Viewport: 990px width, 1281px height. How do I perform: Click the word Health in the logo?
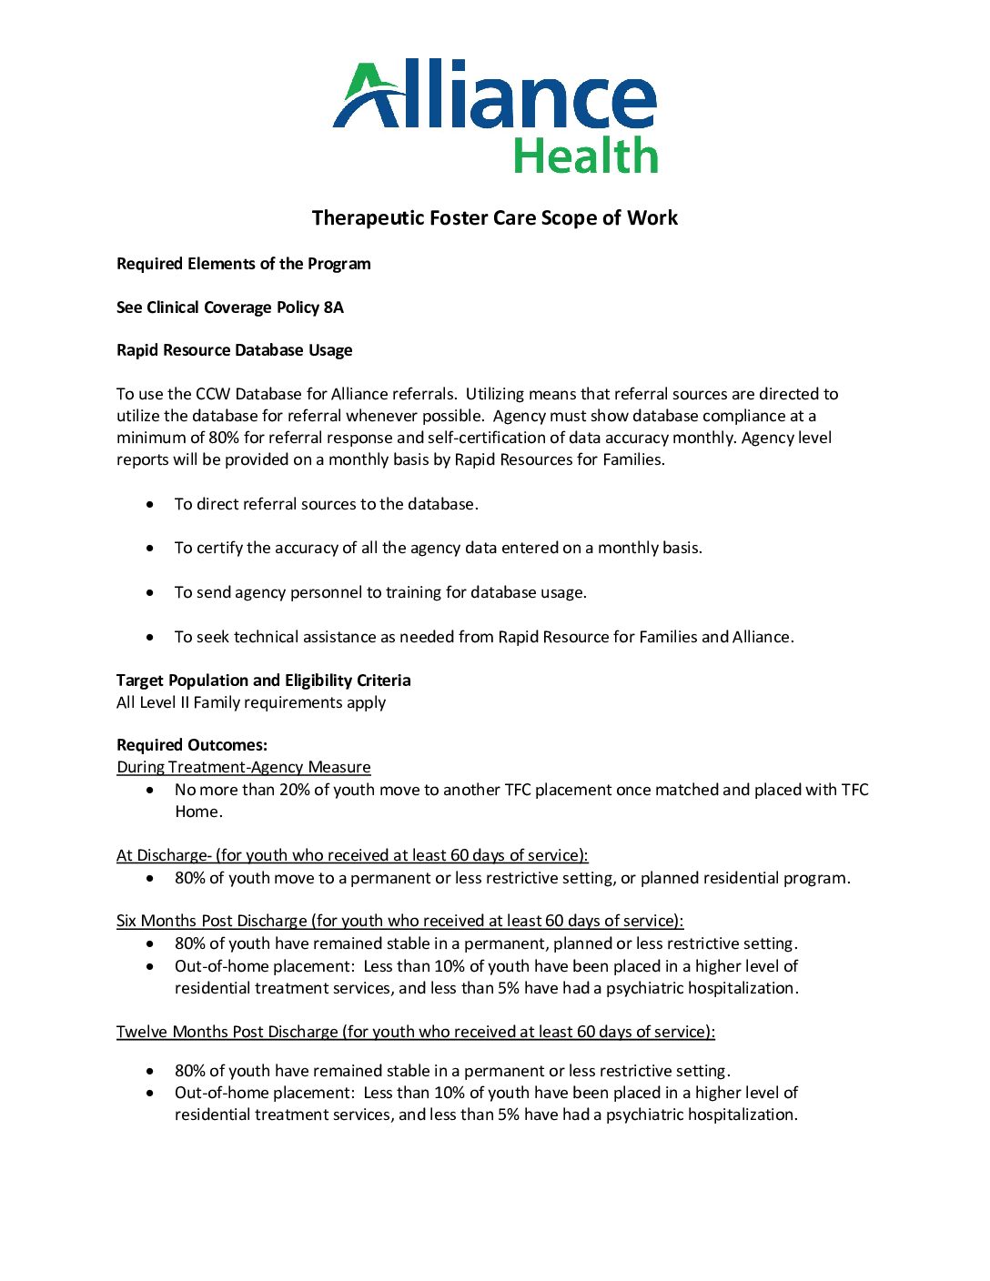coord(585,156)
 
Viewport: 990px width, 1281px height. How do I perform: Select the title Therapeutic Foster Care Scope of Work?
coord(494,218)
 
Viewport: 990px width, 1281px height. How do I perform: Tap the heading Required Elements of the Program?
coord(243,264)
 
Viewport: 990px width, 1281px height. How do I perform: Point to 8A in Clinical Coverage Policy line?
coord(333,308)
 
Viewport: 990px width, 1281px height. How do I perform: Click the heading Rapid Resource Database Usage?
coord(234,350)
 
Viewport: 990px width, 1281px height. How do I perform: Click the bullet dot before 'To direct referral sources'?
coord(150,504)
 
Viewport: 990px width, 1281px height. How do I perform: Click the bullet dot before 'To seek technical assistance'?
coord(150,637)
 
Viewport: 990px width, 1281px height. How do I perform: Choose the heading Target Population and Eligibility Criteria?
coord(263,681)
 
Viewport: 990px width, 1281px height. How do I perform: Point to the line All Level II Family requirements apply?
coord(251,702)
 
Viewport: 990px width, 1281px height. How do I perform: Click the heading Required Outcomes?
coord(192,745)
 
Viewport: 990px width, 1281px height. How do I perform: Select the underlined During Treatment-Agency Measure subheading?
coord(243,767)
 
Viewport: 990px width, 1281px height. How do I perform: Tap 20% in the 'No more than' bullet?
coord(294,790)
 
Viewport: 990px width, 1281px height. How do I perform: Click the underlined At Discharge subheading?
coord(352,855)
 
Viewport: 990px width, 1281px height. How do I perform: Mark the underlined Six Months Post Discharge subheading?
coord(399,921)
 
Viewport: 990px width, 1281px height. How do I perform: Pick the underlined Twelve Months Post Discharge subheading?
coord(415,1032)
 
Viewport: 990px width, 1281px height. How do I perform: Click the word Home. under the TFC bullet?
coord(198,812)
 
